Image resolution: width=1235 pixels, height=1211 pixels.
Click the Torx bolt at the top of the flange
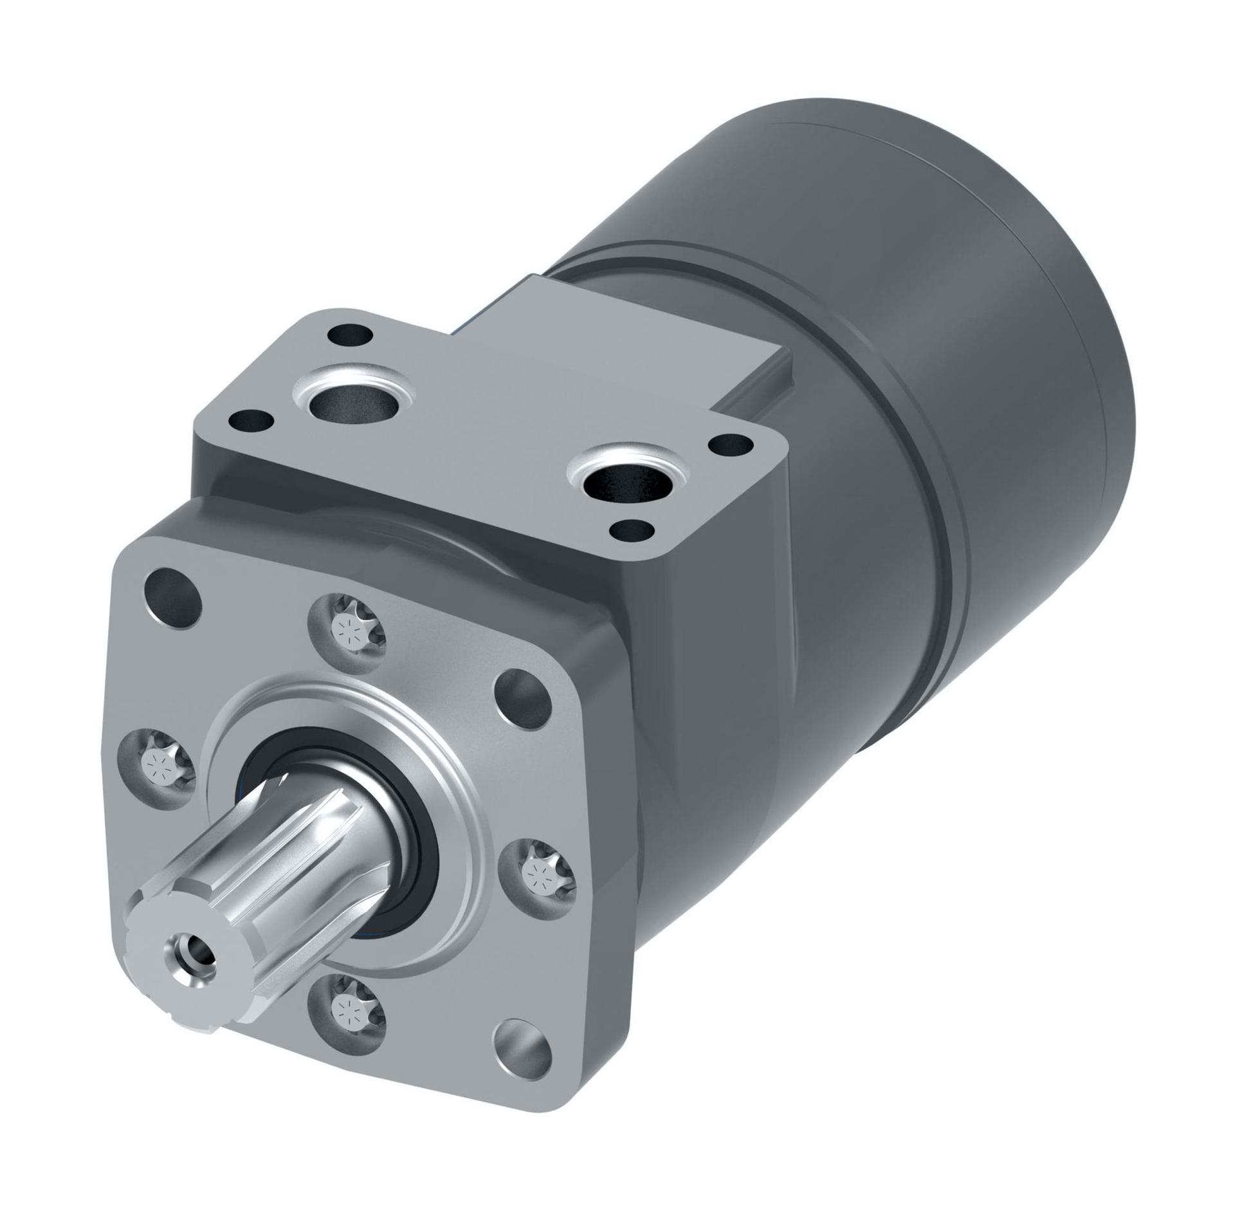[x=347, y=630]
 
